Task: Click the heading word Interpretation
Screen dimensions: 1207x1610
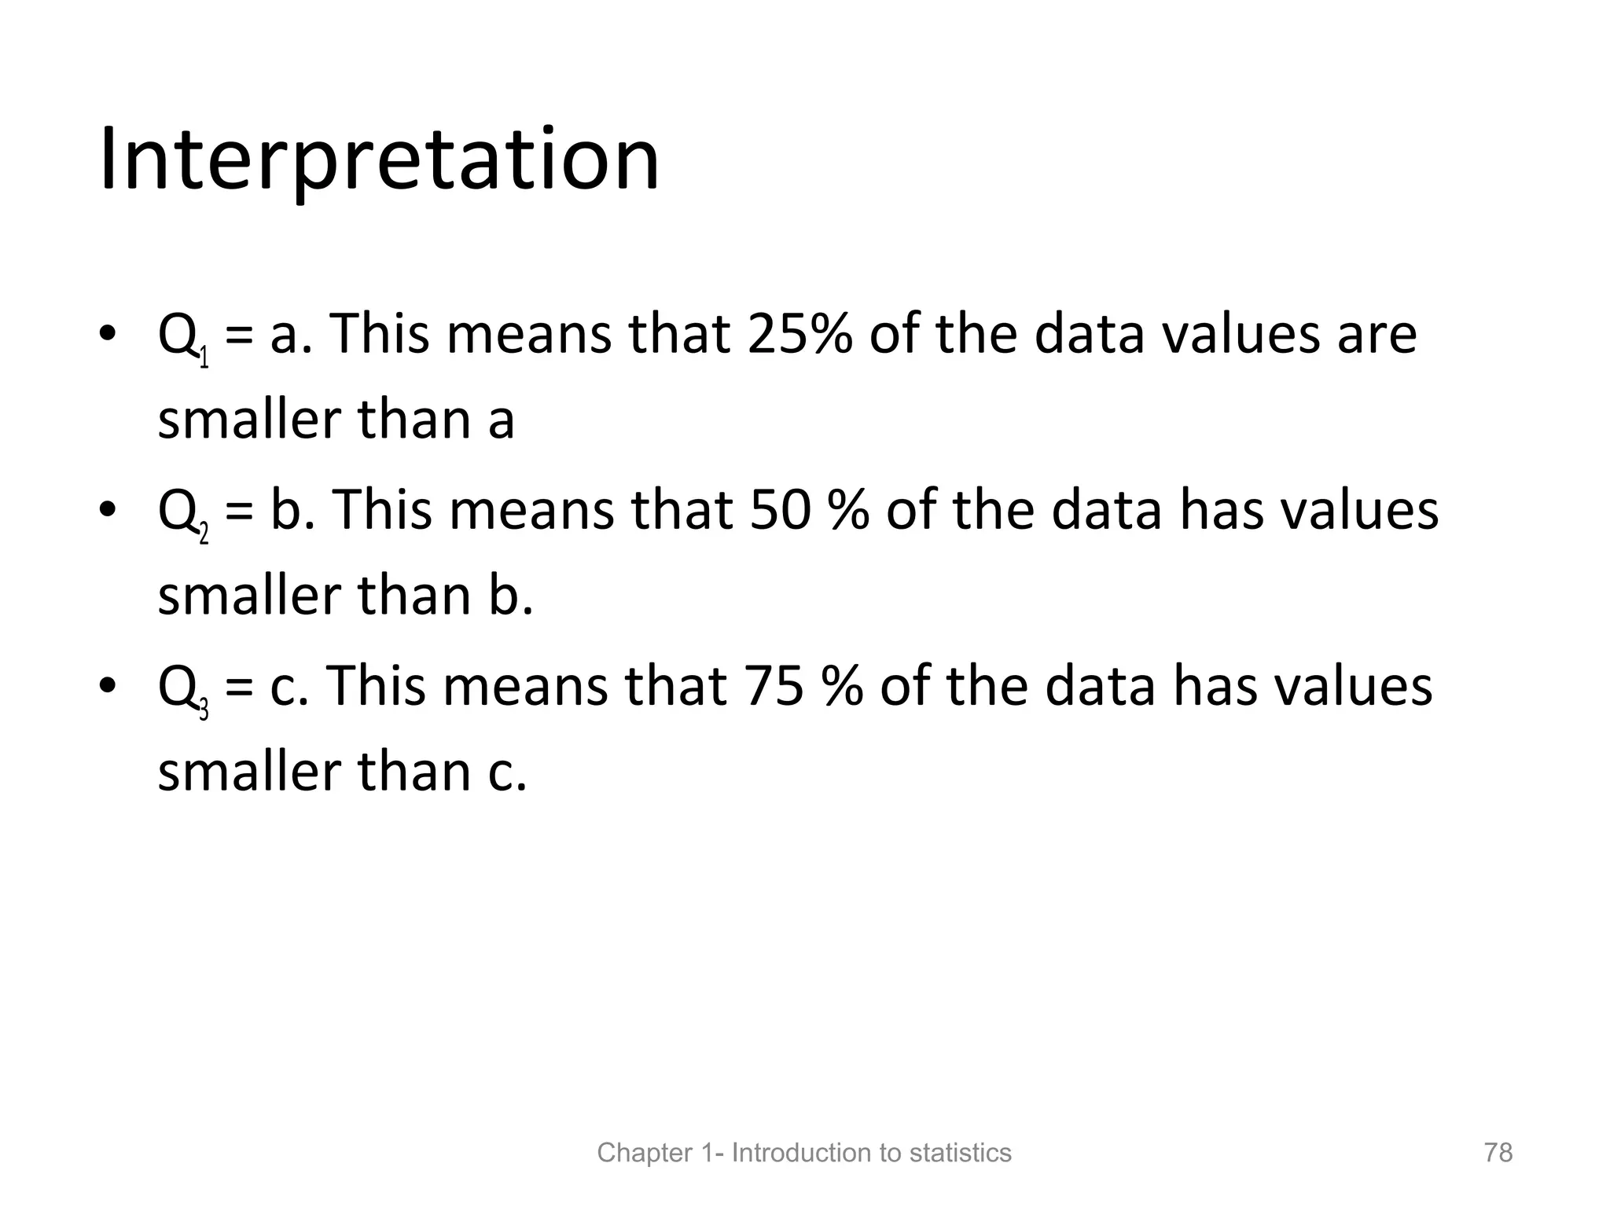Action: pos(379,161)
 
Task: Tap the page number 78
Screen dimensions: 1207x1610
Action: pos(1498,1153)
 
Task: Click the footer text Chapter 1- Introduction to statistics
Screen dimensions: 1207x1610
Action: pos(804,1153)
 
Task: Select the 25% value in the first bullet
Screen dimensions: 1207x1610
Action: pos(799,334)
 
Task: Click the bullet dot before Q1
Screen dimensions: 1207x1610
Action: pos(107,334)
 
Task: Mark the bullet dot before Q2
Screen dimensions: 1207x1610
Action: pos(107,510)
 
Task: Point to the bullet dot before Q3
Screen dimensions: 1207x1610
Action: pos(107,686)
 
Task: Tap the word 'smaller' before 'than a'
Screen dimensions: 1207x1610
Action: pos(250,420)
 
